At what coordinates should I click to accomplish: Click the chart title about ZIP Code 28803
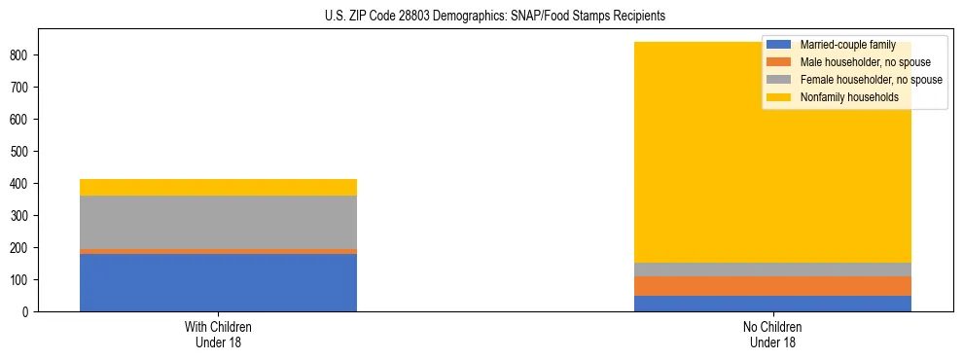tap(495, 17)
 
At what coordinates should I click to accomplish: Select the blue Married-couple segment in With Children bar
tap(218, 282)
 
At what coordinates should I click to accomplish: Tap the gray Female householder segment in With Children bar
tap(218, 222)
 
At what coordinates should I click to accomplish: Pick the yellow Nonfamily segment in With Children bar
tap(218, 187)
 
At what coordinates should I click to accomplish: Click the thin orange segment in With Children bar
tap(218, 251)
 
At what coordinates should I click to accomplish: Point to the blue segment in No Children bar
tap(772, 304)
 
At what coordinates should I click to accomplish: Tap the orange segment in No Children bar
tap(772, 286)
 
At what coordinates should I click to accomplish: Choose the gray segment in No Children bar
tap(772, 270)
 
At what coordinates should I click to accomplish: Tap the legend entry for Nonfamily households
tap(842, 97)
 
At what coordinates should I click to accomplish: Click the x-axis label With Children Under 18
tap(218, 334)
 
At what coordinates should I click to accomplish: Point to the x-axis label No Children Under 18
tap(772, 334)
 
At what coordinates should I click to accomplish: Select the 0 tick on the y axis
tap(27, 312)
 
